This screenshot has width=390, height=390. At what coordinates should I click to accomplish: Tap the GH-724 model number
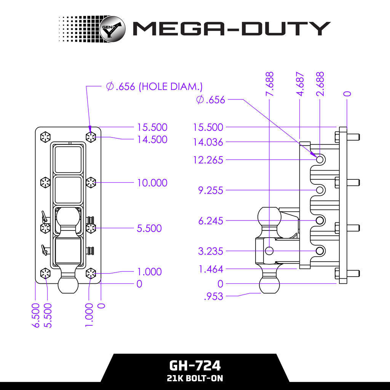(195, 366)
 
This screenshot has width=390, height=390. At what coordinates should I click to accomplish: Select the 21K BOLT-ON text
(195, 379)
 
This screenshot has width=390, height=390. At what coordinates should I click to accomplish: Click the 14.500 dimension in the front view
(152, 139)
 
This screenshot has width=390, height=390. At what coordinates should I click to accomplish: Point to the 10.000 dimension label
(152, 183)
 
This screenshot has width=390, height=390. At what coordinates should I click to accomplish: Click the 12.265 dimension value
(208, 160)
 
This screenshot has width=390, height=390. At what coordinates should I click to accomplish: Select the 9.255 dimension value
(211, 190)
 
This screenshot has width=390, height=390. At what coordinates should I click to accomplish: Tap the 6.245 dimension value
(211, 221)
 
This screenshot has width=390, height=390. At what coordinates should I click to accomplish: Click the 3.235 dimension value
(211, 251)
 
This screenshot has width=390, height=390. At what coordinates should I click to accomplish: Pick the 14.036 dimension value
(208, 142)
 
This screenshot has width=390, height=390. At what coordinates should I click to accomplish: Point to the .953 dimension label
(213, 297)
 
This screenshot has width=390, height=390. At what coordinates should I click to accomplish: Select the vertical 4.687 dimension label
(300, 84)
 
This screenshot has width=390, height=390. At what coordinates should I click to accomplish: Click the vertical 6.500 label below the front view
(36, 315)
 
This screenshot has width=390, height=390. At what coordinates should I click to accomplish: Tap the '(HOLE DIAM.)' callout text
(170, 86)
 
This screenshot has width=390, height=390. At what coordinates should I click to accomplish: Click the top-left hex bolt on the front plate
(45, 137)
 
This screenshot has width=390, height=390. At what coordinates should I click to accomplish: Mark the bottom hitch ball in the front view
(69, 285)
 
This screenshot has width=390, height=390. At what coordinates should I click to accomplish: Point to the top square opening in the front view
(68, 159)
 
